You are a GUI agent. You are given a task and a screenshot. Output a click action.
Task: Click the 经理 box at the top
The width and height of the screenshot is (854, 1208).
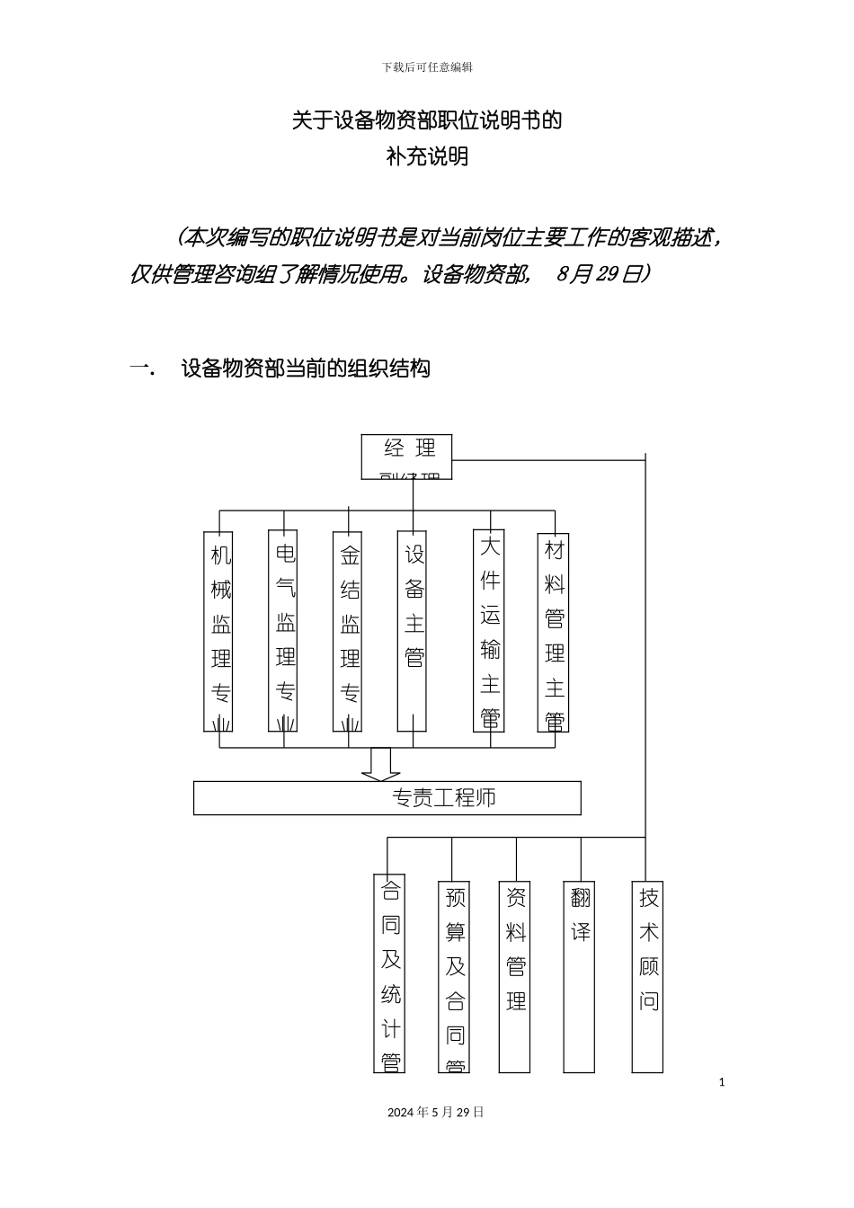(406, 456)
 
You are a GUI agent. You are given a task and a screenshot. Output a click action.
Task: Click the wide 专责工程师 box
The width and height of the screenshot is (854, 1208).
(387, 798)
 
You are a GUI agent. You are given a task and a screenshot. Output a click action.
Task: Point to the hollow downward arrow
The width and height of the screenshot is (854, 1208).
(381, 764)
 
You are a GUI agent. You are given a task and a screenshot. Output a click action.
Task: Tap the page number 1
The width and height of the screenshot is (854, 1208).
(722, 1082)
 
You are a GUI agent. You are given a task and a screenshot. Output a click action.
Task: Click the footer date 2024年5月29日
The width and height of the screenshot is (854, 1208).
(436, 1112)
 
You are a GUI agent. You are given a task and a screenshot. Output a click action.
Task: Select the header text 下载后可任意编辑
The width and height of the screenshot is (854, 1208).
(427, 67)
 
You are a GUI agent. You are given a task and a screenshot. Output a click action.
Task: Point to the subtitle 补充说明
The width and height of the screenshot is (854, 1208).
(427, 156)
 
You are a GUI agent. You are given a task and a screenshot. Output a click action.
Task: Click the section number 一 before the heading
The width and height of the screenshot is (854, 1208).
(141, 369)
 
